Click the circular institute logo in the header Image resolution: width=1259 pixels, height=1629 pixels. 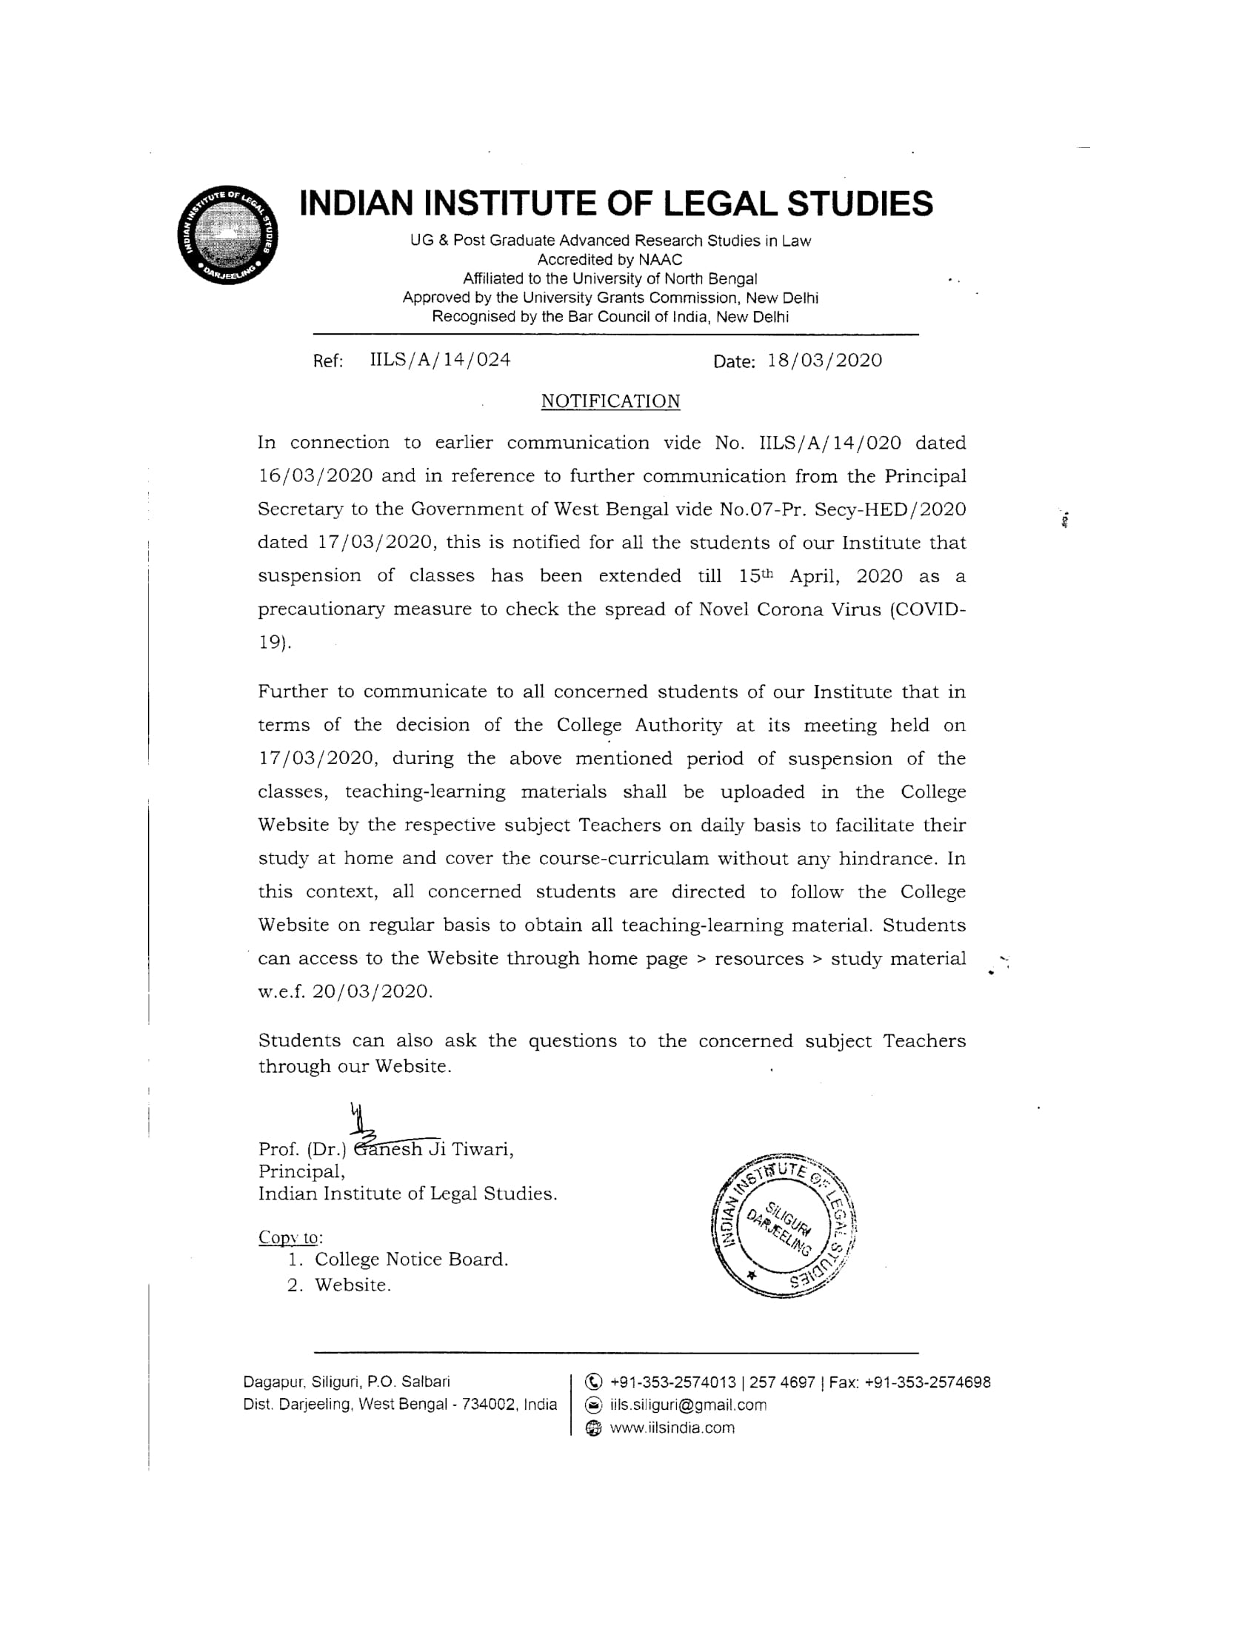pyautogui.click(x=228, y=234)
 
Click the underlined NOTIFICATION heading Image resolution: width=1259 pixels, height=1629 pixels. pyautogui.click(x=610, y=401)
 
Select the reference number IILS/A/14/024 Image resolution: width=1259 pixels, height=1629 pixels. pyautogui.click(x=440, y=361)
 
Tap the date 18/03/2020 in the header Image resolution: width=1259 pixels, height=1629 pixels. pyautogui.click(x=824, y=361)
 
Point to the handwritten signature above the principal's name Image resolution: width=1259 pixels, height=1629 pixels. pyautogui.click(x=373, y=1125)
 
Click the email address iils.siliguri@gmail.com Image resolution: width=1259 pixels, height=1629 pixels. pyautogui.click(x=688, y=1405)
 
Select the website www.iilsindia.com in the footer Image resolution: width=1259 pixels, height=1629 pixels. pyautogui.click(x=672, y=1428)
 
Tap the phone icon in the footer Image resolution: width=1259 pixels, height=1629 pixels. pyautogui.click(x=594, y=1382)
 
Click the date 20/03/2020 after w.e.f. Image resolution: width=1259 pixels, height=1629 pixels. pyautogui.click(x=373, y=992)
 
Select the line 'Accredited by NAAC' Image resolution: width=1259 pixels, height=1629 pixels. pyautogui.click(x=610, y=260)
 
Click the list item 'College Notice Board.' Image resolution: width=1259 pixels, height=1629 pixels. pyautogui.click(x=411, y=1260)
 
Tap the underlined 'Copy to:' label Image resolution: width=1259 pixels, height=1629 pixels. pyautogui.click(x=290, y=1237)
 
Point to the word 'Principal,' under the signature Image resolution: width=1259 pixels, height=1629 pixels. pyautogui.click(x=301, y=1172)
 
